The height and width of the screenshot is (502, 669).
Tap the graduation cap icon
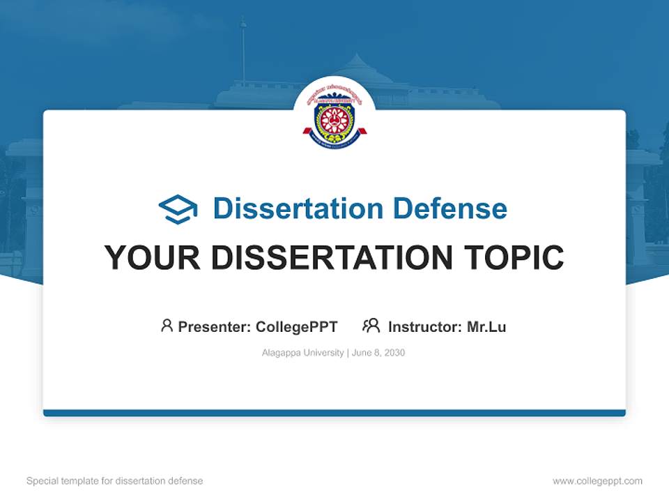pos(178,209)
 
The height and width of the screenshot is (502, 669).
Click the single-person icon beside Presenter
pos(167,326)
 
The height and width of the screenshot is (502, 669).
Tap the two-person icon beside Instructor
pos(371,326)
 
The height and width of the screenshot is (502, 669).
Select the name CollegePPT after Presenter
pos(297,326)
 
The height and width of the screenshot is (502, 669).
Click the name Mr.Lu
pos(486,326)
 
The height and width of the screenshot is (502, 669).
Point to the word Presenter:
pos(215,326)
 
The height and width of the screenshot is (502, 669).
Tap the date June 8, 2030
pos(378,353)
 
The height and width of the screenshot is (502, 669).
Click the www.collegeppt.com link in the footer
pos(597,481)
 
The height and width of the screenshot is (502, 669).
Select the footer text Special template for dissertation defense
pos(115,481)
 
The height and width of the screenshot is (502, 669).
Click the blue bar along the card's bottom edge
pos(334,413)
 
